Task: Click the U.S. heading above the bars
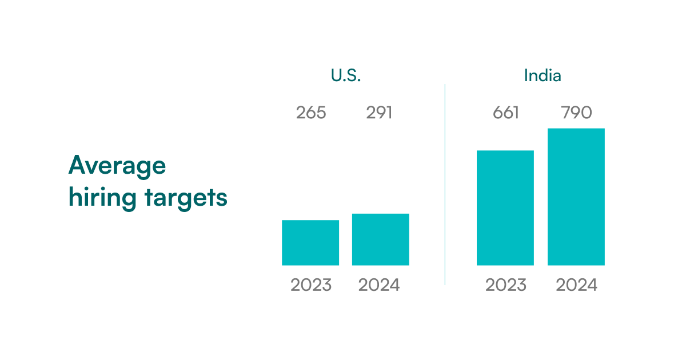pyautogui.click(x=345, y=76)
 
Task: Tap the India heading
pyautogui.click(x=543, y=75)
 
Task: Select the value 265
pyautogui.click(x=311, y=113)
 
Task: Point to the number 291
pyautogui.click(x=380, y=113)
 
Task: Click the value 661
pyautogui.click(x=505, y=113)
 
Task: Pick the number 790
pyautogui.click(x=576, y=113)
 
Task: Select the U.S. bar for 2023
pyautogui.click(x=310, y=243)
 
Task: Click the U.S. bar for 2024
pyautogui.click(x=381, y=239)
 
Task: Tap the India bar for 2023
pyautogui.click(x=505, y=208)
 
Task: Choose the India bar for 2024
pyautogui.click(x=576, y=197)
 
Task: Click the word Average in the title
pyautogui.click(x=117, y=166)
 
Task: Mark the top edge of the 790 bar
pyautogui.click(x=576, y=129)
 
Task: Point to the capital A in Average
pyautogui.click(x=77, y=166)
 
